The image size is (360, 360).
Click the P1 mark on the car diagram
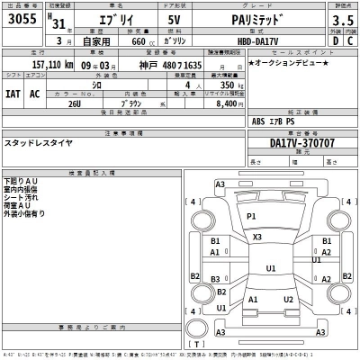251,218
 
